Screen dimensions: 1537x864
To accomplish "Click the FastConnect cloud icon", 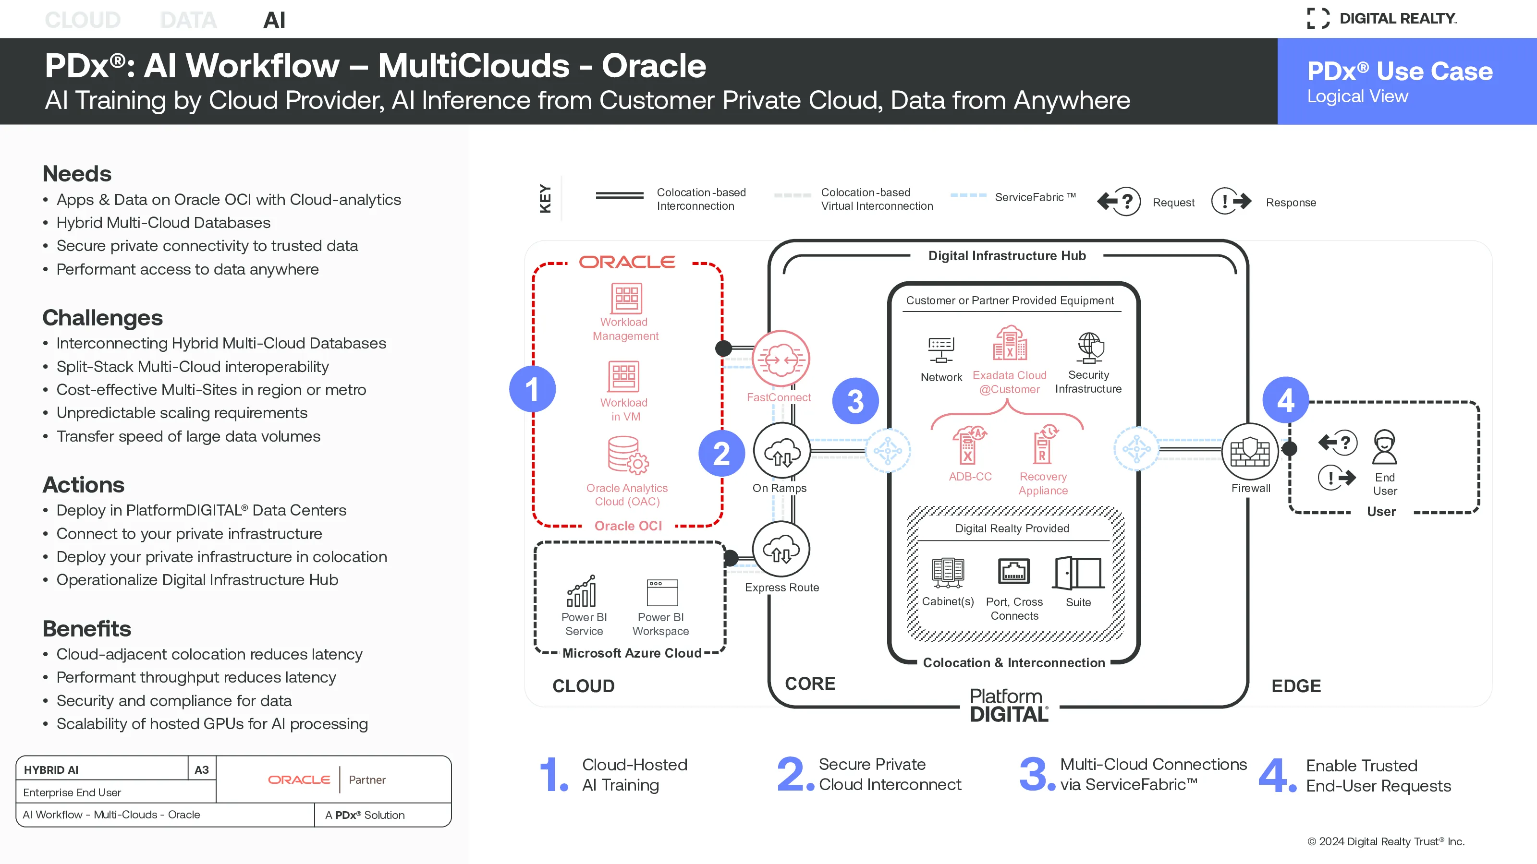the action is point(781,359).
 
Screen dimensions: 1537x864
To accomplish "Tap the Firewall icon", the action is point(1250,451).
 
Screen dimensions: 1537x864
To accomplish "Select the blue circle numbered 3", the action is point(855,401).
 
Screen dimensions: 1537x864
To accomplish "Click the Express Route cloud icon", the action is point(781,549).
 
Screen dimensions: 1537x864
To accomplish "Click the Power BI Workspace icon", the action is point(662,592).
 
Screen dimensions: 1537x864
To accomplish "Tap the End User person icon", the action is point(1384,447).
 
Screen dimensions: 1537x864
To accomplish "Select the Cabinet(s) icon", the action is point(948,573).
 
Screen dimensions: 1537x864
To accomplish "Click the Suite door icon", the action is point(1078,573).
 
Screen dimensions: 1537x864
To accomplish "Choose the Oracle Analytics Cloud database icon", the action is point(628,456).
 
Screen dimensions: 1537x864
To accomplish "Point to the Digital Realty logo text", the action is point(1398,19).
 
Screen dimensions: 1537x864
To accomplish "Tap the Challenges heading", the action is point(103,318).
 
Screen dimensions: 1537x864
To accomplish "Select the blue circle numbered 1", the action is point(532,389).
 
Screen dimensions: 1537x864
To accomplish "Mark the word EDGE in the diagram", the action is point(1296,686).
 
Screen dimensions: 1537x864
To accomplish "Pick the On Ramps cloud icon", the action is point(781,451).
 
